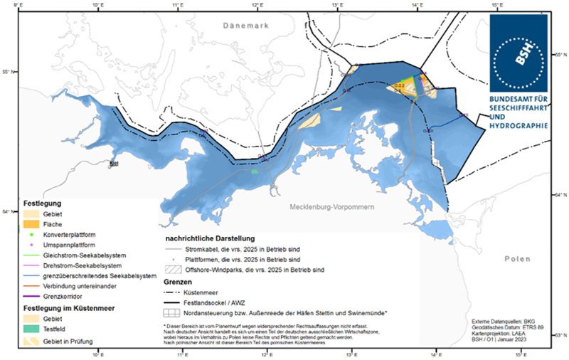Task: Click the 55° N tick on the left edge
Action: point(9,72)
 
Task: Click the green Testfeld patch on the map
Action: point(255,171)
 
